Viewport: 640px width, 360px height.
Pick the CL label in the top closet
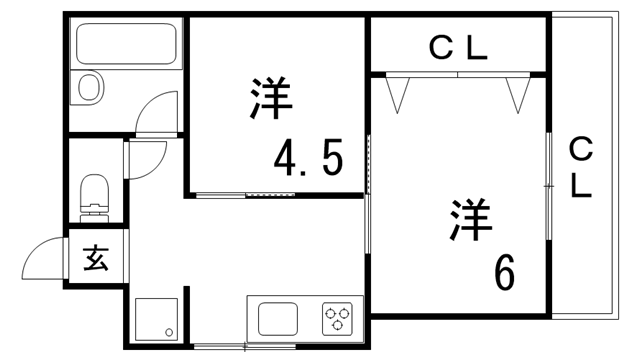click(458, 46)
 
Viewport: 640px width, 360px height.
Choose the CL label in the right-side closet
click(582, 167)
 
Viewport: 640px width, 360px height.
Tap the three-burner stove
click(337, 319)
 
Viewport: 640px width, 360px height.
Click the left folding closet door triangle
click(400, 93)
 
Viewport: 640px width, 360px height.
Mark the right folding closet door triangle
click(517, 93)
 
